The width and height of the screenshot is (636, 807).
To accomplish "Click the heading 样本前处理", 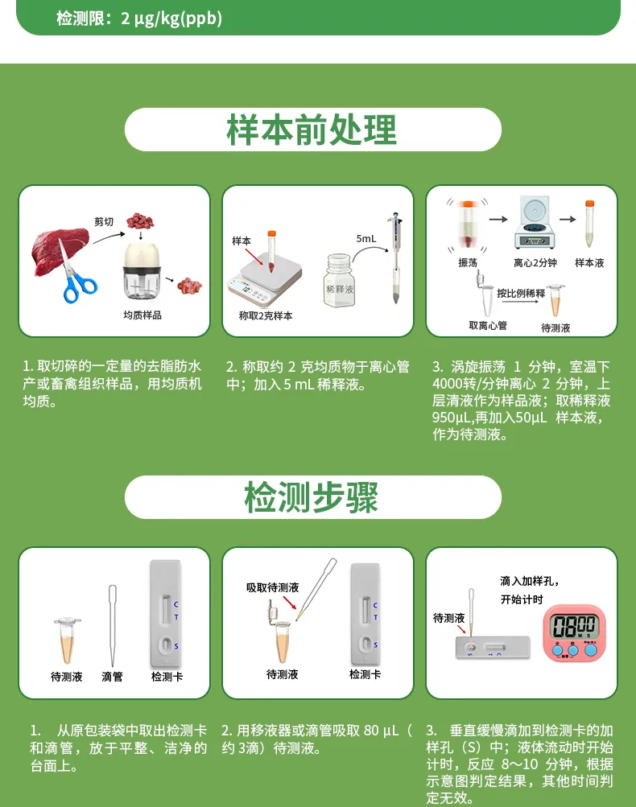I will tap(312, 130).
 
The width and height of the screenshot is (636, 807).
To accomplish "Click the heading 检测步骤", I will tap(312, 498).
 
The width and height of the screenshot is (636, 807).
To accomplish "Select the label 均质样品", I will tap(142, 315).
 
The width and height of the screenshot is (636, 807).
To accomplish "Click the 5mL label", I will tap(366, 239).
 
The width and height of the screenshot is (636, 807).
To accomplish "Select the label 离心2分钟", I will tap(535, 263).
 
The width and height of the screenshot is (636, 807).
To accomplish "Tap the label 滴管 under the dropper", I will tap(113, 677).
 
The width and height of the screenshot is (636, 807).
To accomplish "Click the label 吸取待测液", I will tap(272, 588).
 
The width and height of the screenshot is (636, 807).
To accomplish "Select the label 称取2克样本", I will tap(266, 316).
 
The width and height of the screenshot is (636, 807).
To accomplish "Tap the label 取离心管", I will tap(488, 325).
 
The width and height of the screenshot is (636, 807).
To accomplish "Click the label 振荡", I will tap(468, 263).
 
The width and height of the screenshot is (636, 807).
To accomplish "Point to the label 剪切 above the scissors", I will tap(104, 221).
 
